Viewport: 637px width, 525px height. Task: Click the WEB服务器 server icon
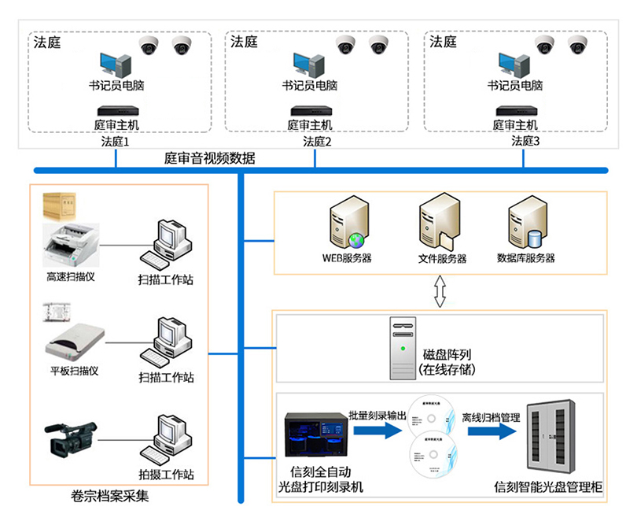347,224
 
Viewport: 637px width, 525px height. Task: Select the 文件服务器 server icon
438,224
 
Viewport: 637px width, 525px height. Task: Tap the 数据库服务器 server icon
526,224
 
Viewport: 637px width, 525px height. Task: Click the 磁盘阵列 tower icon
402,349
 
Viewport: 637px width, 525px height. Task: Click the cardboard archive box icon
63,205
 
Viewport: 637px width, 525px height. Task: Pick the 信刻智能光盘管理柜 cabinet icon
552,441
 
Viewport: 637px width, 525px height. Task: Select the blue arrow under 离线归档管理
490,431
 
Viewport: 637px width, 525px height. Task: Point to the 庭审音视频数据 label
209,158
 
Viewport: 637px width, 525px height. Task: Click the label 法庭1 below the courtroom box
115,142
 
